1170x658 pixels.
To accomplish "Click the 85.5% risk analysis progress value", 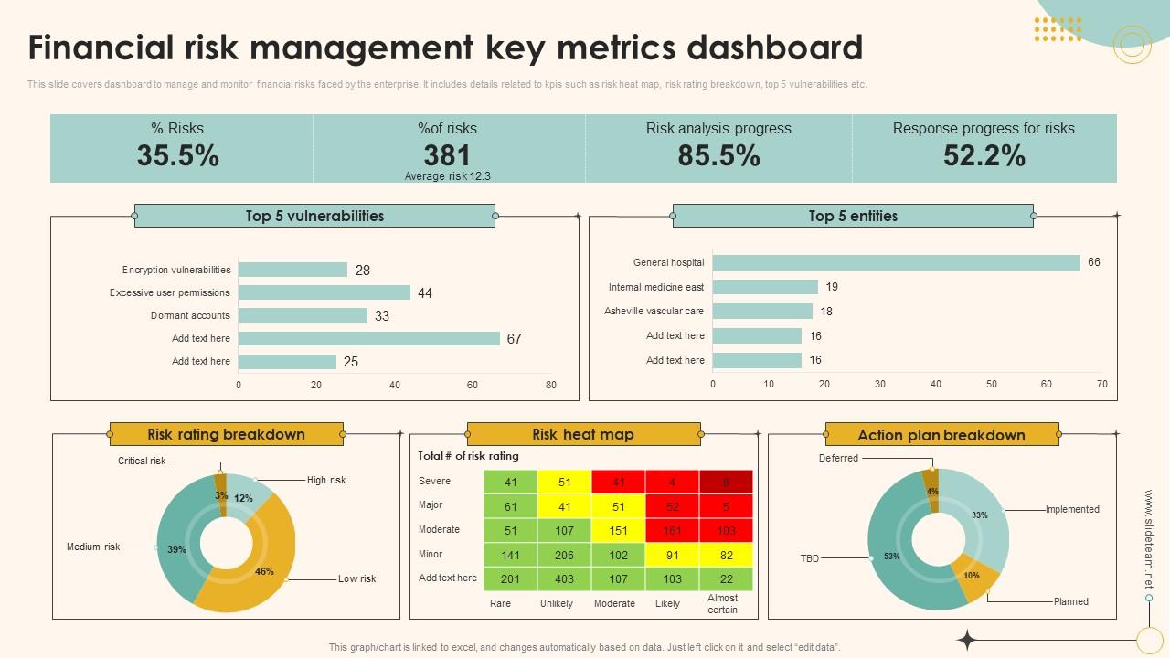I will point(718,156).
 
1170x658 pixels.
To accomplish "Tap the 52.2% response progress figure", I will point(984,156).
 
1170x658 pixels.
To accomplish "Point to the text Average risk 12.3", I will point(447,176).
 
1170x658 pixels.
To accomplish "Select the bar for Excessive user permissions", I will point(324,292).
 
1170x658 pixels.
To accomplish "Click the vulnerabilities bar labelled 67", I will point(369,338).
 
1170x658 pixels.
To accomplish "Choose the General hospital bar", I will point(896,262).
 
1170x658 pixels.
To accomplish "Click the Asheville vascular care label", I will point(654,311).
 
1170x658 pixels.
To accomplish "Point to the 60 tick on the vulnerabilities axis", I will point(473,385).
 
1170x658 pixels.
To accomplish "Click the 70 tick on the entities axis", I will point(1102,384).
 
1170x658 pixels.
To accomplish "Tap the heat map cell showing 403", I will point(564,578).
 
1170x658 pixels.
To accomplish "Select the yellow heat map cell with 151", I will point(619,530).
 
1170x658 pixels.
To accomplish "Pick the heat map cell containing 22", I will point(726,578).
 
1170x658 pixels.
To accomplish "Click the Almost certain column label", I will point(722,603).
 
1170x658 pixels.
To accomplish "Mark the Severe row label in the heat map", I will point(434,481).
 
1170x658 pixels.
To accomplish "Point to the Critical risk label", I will point(142,461).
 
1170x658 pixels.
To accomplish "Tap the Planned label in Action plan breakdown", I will point(1070,601).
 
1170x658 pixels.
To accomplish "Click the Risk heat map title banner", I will point(583,434).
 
